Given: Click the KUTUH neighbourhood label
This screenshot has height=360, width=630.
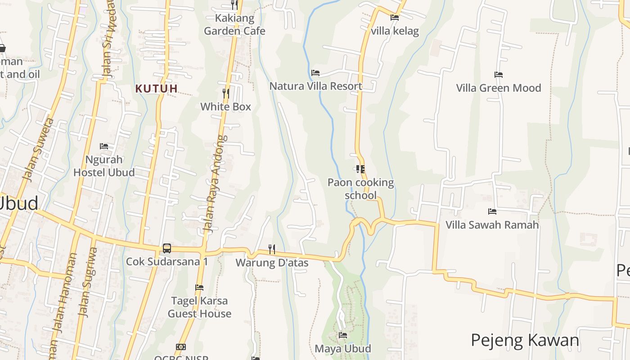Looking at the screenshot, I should coord(156,89).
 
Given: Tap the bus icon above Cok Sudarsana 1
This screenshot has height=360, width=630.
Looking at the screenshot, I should coord(167,248).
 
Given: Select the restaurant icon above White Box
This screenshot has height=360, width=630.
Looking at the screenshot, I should coord(226,94).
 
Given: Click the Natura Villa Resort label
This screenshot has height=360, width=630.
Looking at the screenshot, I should coord(316,86).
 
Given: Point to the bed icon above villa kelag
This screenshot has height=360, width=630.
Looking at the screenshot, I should coord(395,18).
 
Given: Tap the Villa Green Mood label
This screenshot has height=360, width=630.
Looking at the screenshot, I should coord(499,88).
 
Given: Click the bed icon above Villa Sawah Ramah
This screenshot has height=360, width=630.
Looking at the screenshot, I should coord(492,211).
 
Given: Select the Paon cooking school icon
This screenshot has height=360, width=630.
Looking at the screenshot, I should coord(360,169).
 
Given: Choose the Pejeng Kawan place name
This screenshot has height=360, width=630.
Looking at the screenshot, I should coord(525,340).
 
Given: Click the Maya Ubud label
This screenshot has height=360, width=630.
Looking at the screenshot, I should coord(343,348).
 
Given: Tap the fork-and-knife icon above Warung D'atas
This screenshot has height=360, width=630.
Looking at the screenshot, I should coord(272,249).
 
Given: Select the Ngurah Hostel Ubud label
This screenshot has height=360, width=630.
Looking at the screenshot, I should coord(104,166).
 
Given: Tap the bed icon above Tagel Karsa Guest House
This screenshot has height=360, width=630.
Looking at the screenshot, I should coord(199,287).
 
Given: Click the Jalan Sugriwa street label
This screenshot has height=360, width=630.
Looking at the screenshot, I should coord(88,281).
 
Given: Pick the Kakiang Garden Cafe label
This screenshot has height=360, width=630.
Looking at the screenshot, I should coord(234,25).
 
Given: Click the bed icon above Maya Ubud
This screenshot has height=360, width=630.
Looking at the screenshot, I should coord(343,335).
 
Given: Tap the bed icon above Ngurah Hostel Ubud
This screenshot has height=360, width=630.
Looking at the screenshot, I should coord(104,146).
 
